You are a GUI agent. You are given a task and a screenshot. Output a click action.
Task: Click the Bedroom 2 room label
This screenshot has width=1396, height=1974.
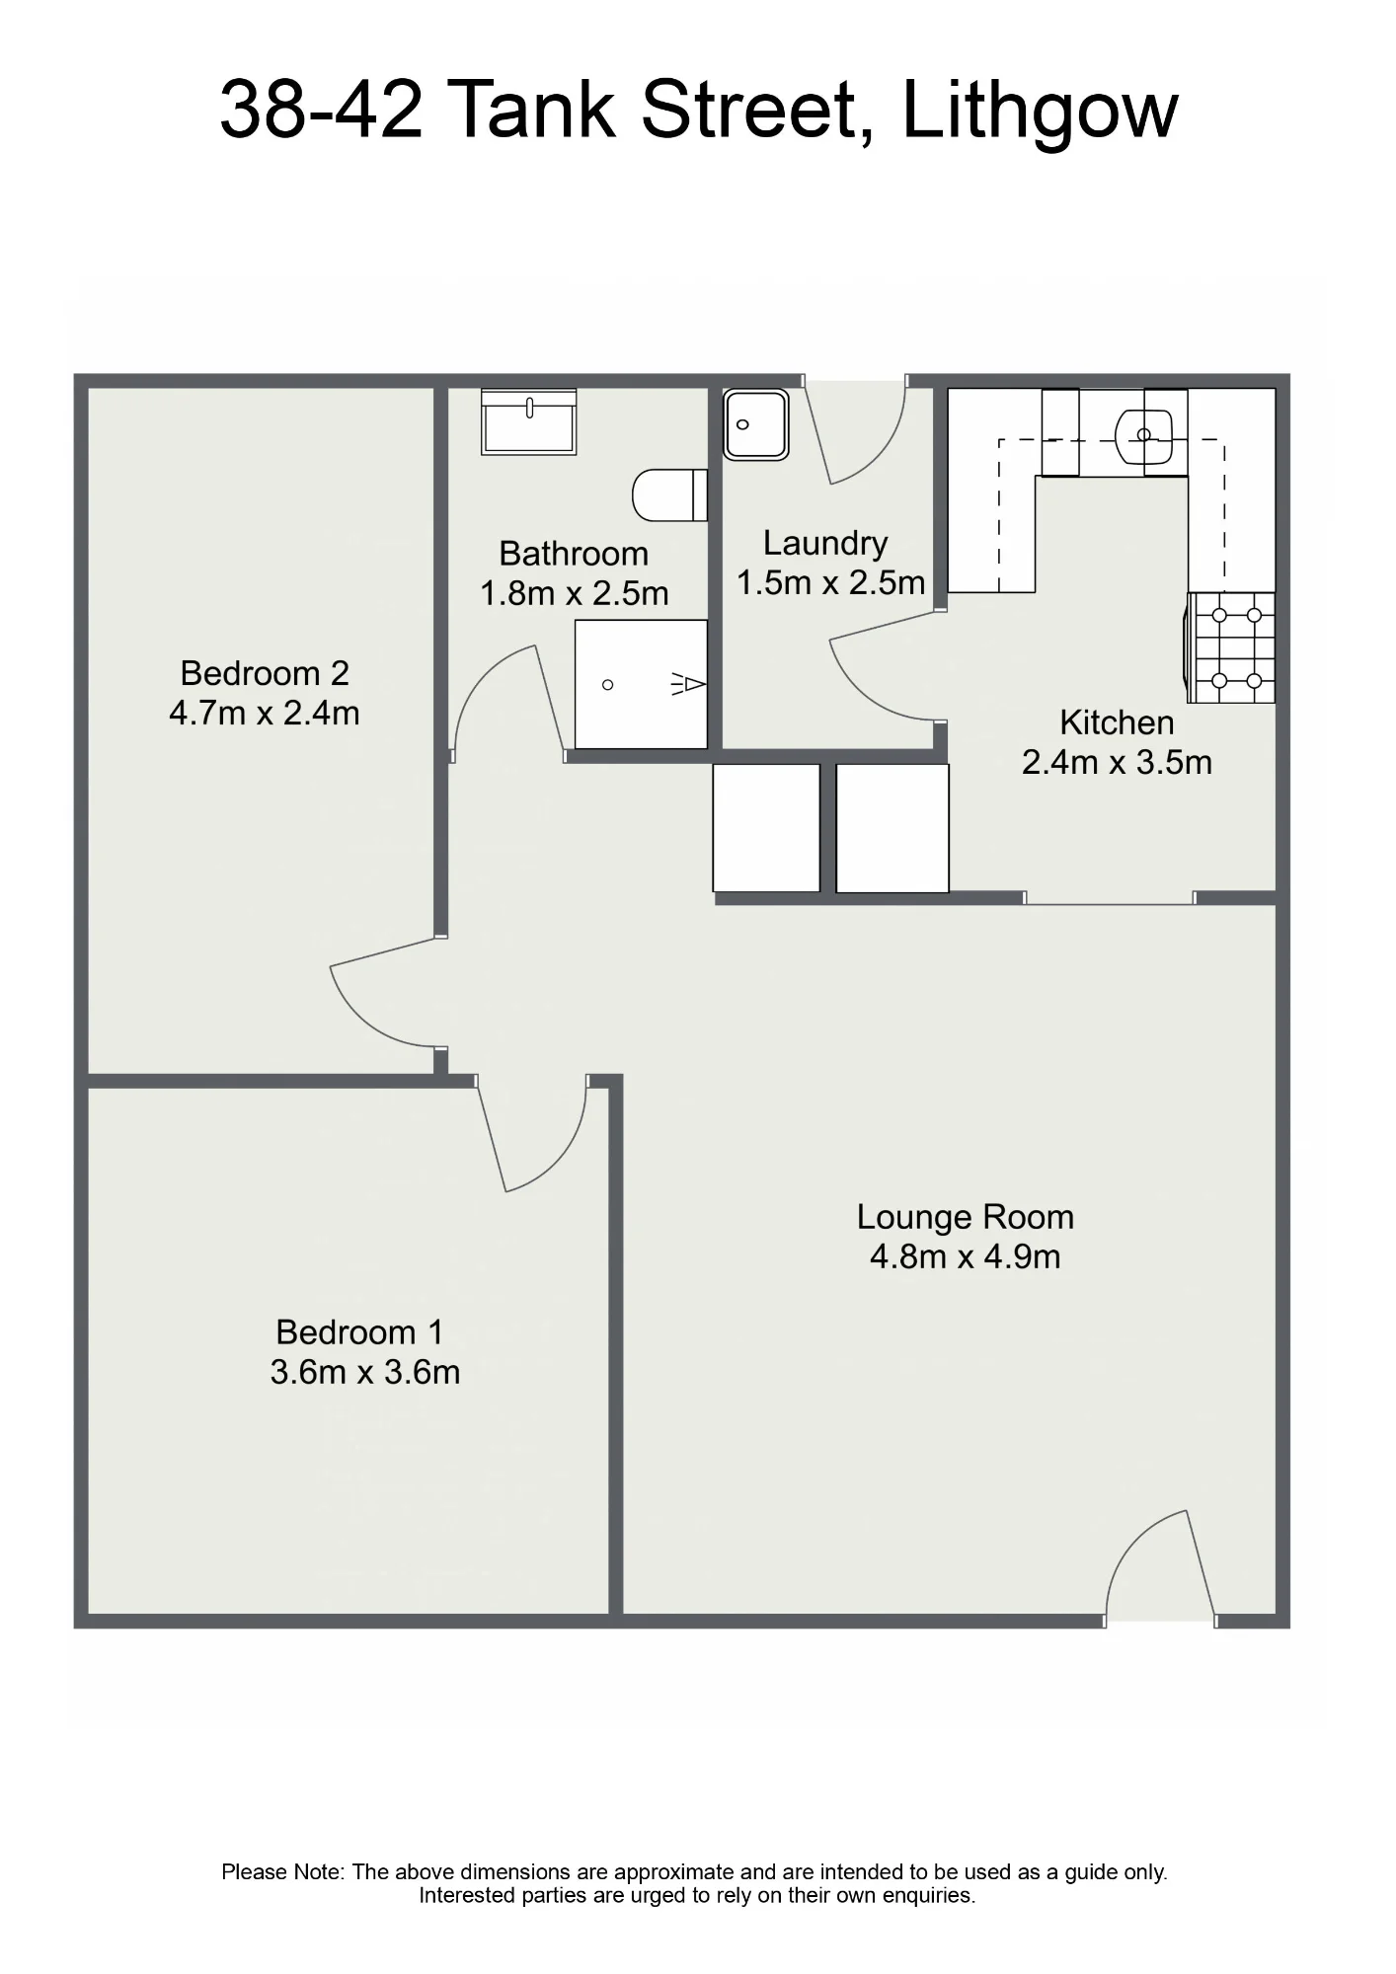265,673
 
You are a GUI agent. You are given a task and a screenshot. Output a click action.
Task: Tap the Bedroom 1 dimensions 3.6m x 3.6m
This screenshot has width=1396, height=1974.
365,1372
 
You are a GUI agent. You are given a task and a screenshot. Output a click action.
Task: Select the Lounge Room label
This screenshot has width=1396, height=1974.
965,1218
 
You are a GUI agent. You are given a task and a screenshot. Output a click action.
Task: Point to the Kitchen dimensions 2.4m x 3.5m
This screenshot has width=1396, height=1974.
1117,762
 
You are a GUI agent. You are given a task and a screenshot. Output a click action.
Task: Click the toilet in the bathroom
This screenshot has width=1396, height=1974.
669,494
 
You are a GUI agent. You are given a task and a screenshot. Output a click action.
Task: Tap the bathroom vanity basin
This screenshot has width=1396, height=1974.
528,421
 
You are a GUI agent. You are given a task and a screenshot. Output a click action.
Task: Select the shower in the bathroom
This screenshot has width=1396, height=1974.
641,684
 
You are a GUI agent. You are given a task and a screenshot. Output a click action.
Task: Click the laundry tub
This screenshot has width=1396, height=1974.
755,424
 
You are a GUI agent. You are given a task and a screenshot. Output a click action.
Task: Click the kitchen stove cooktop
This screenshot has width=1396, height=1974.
1231,647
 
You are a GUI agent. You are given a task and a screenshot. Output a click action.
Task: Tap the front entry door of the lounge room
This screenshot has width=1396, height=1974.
1161,1566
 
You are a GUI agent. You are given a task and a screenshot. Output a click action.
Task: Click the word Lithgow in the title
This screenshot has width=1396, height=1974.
1040,112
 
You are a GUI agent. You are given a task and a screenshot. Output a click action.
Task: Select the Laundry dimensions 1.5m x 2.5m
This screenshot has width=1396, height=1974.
831,582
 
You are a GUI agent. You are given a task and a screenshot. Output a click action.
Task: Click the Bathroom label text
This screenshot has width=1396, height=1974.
574,554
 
